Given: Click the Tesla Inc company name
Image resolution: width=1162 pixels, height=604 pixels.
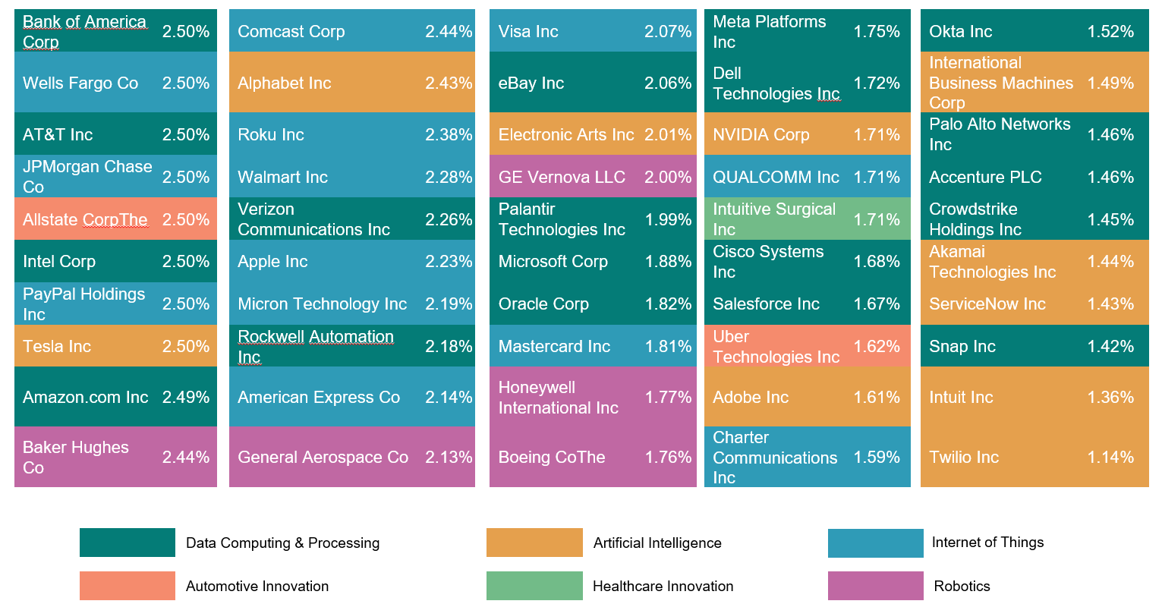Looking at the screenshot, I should coord(57,347).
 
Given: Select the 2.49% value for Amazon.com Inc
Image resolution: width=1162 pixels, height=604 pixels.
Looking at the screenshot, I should coord(186,397).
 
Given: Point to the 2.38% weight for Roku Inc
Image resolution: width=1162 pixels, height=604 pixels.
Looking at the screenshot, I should coord(449,135).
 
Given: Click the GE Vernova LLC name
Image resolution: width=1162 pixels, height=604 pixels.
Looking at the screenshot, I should coord(562,178).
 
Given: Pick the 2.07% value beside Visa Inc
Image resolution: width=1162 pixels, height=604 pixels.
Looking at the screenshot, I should coord(668,32).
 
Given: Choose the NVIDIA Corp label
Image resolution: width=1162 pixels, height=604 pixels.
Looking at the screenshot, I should coord(760,135).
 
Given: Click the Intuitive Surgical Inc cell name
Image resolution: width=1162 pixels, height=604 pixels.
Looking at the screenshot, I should coord(773,219).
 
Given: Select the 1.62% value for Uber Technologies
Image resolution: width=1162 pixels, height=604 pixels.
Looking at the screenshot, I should coord(877,347).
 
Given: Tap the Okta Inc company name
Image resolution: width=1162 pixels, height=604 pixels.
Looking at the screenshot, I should coord(960,32).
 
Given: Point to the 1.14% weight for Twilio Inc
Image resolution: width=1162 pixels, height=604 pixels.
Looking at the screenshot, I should coord(1110,458).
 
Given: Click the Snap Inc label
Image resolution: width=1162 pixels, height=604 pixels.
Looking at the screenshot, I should coord(962,347).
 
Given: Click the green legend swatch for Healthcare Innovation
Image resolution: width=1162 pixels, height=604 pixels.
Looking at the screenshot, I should coord(534,586).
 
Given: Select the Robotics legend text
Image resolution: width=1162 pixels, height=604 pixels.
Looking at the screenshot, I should coord(962,586).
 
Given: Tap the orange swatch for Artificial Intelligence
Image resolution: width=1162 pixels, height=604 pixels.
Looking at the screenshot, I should coord(534,543).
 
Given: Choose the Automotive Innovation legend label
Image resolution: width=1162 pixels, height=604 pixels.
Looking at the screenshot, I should coord(257,586).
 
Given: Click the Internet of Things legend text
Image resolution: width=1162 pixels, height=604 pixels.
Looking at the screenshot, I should coord(987,543).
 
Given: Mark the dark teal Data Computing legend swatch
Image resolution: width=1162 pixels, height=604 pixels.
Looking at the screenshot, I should coord(127,543).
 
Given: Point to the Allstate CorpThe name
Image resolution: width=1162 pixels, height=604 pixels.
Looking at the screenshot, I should coord(85,220).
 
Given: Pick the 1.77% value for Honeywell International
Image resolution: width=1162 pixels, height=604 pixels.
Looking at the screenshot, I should coord(668,398).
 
